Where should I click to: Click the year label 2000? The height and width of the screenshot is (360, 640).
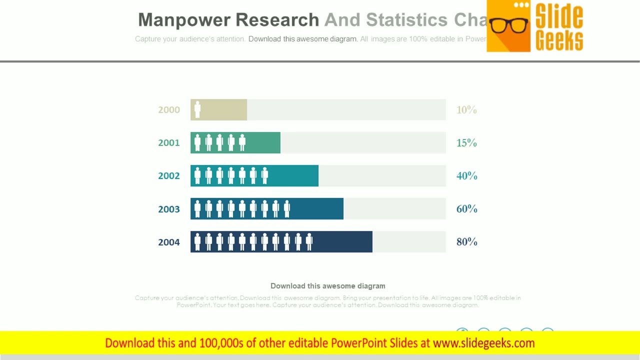[169, 110]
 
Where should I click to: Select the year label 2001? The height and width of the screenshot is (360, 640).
[169, 143]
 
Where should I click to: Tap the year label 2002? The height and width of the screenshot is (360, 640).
[169, 176]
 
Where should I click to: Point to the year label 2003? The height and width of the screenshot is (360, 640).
[169, 209]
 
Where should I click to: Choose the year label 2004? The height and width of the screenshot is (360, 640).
[169, 242]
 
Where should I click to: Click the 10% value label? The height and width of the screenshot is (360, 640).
[466, 110]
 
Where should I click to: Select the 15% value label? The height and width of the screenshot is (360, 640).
[466, 143]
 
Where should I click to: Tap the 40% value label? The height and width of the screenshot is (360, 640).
[466, 176]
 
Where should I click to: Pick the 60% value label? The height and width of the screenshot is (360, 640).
[466, 209]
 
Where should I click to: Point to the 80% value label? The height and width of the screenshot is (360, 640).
[466, 242]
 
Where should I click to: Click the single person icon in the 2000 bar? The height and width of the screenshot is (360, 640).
[197, 110]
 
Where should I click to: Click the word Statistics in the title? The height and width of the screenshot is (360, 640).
[406, 20]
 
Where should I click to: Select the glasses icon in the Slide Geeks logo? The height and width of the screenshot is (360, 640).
[508, 25]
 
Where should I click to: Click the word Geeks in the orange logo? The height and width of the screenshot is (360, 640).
[559, 40]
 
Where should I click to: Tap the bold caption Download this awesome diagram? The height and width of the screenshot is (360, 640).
[327, 286]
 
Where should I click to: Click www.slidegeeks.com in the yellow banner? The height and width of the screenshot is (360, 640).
[483, 343]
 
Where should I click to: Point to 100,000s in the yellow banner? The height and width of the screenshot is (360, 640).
[221, 343]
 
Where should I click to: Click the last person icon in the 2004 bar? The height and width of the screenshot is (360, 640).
[309, 242]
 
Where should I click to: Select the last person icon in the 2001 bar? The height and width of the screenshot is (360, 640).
[242, 143]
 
